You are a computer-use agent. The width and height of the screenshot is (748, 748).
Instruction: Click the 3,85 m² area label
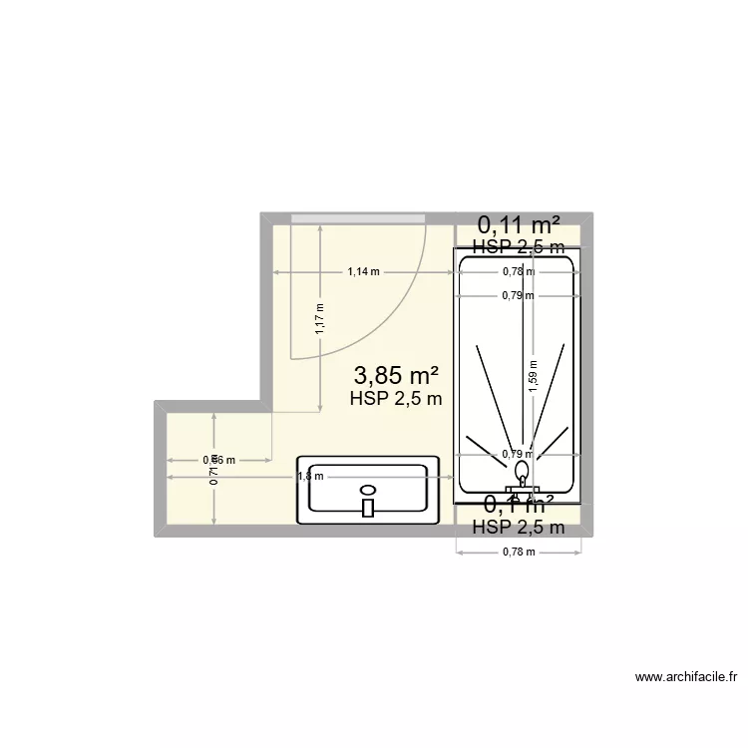(x=397, y=375)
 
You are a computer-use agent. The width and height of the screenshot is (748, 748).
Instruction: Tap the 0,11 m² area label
(x=518, y=224)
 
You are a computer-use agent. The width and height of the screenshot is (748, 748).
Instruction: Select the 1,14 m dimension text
(x=363, y=271)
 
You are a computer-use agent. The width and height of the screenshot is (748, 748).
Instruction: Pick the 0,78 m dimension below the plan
(x=518, y=552)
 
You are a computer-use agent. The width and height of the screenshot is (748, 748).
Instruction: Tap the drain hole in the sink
(x=368, y=490)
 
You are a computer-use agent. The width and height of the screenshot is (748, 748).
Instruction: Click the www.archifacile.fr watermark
(x=687, y=677)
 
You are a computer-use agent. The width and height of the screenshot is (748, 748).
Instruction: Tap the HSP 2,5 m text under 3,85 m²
(x=396, y=399)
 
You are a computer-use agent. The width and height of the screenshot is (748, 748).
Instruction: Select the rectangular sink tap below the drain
(x=368, y=508)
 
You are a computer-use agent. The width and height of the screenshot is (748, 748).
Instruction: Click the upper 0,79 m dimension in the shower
(x=518, y=295)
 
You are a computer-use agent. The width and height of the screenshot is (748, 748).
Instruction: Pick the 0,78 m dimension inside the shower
(x=518, y=271)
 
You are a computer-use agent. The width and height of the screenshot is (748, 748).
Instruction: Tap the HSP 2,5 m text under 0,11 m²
(x=518, y=246)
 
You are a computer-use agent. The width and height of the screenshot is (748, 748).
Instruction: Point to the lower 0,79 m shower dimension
(x=518, y=454)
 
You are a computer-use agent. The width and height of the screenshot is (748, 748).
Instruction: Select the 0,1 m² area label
(x=518, y=505)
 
